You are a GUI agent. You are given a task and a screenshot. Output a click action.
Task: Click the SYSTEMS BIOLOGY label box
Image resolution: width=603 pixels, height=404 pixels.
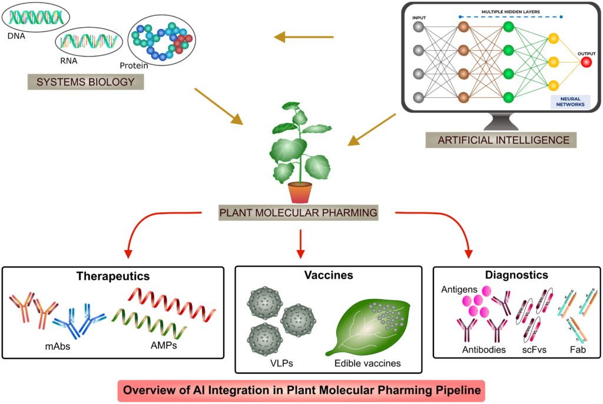[x=85, y=81]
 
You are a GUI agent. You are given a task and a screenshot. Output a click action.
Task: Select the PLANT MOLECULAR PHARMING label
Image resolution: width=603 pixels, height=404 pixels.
[x=298, y=212]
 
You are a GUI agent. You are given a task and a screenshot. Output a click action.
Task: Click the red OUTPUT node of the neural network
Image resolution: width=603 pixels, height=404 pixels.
[x=586, y=62]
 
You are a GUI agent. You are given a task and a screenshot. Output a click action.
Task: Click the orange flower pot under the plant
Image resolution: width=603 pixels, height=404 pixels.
[x=300, y=192]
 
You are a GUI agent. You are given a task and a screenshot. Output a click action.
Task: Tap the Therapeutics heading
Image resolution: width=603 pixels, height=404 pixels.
[x=113, y=275]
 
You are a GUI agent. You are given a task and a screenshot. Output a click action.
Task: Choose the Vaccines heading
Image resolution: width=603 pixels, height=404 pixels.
[x=328, y=275]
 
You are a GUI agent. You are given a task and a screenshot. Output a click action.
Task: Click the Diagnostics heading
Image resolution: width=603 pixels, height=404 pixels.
[x=516, y=275]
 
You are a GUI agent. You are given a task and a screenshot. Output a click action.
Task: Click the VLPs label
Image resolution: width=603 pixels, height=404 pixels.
[x=276, y=363]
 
